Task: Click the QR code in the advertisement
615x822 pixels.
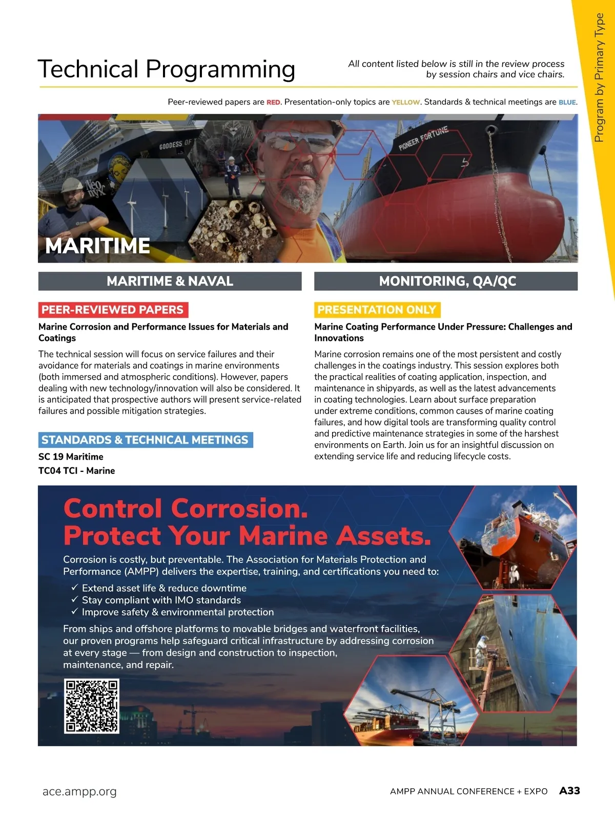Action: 91,706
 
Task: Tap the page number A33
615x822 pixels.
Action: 569,791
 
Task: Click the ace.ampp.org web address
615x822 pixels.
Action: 79,791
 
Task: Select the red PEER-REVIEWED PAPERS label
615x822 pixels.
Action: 113,310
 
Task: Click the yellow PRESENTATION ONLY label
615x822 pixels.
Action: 377,310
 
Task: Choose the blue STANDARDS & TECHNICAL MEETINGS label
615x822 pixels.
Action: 145,440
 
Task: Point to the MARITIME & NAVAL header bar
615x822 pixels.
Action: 170,281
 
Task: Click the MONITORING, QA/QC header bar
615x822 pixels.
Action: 446,281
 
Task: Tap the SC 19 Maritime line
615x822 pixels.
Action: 71,457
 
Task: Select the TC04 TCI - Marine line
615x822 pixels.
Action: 76,470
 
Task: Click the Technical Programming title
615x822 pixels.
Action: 166,69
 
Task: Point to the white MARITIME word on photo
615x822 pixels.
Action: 97,246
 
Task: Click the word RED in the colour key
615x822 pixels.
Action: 273,102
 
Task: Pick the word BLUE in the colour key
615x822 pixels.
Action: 567,102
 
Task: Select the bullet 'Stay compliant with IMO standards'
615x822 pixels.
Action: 161,600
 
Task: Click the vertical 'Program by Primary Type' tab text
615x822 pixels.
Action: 599,77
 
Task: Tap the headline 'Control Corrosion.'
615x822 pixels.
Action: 186,508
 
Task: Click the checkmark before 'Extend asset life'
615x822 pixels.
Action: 74,588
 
